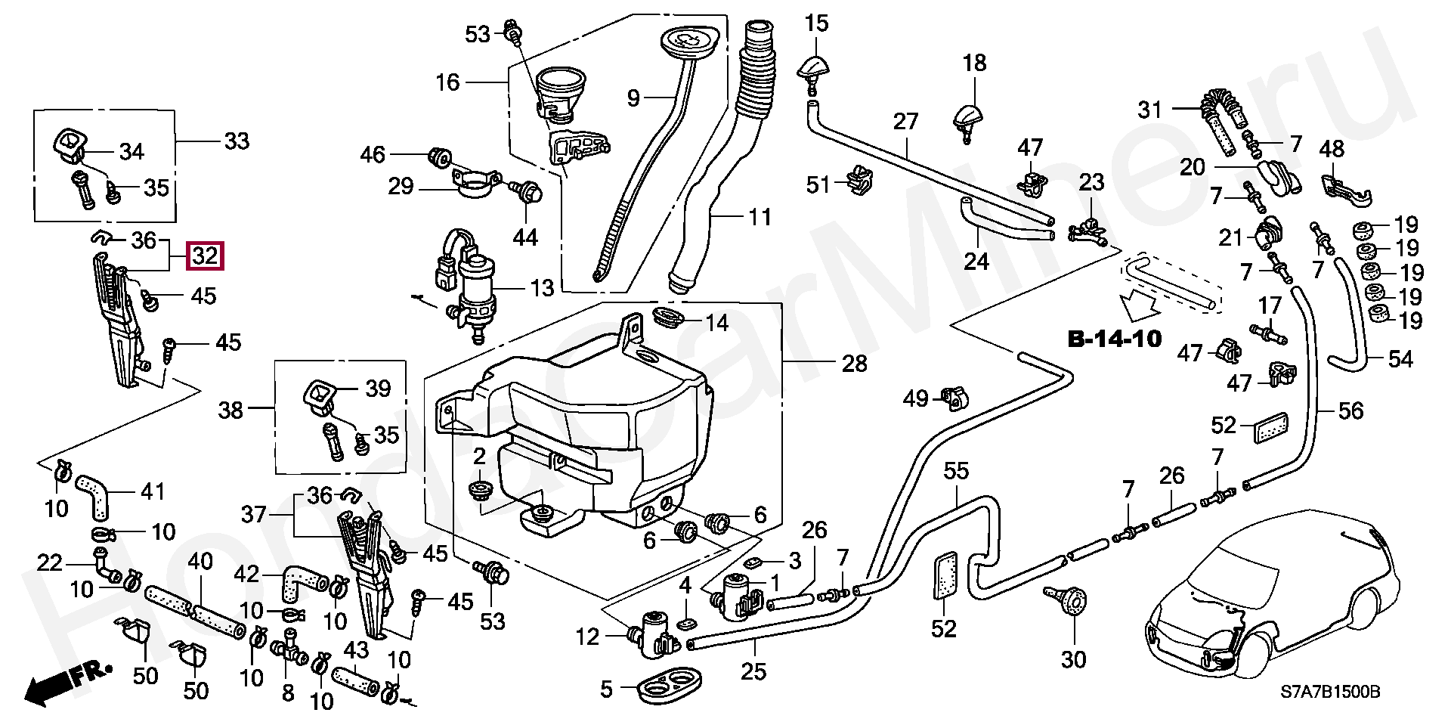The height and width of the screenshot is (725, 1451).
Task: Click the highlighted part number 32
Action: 205,256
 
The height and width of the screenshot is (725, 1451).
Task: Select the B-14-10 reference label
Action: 1115,339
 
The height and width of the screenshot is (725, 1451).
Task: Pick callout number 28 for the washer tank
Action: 854,364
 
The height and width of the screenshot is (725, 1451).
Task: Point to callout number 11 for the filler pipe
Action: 760,218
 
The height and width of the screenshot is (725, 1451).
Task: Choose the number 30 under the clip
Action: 1073,659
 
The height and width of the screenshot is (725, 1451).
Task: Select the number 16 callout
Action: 447,82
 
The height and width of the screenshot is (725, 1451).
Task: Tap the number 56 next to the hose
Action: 1350,411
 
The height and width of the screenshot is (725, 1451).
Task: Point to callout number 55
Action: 956,471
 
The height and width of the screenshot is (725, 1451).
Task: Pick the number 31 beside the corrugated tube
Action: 1149,110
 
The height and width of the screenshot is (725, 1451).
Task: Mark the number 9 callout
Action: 633,97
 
